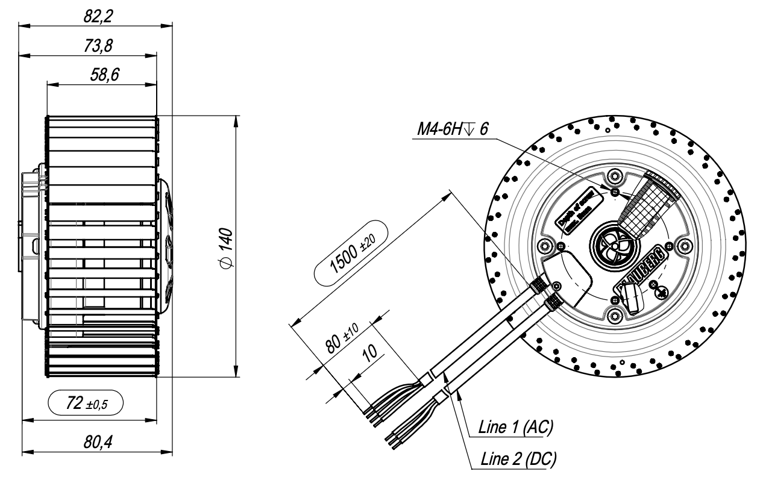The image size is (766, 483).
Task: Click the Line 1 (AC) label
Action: (x=515, y=428)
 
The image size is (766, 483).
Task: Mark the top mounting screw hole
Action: (x=614, y=176)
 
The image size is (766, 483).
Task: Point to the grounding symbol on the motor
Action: (x=660, y=293)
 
